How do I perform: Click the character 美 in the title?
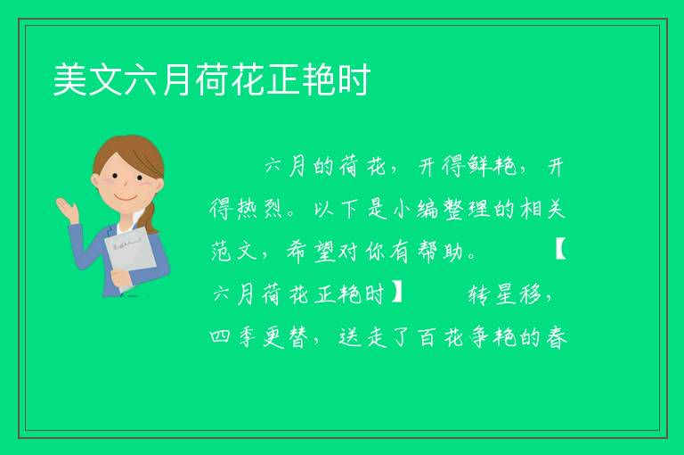click(69, 79)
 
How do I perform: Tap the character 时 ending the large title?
click(354, 79)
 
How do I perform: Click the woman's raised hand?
click(67, 210)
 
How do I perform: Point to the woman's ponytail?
click(151, 217)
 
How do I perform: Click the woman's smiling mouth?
click(126, 199)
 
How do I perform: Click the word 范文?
click(235, 252)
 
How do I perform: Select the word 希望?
click(311, 252)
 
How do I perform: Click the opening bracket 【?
click(560, 252)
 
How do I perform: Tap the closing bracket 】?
click(397, 294)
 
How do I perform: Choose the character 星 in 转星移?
click(506, 294)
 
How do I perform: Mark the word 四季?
click(233, 337)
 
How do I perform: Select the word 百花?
click(441, 337)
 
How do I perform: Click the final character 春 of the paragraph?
click(556, 337)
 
